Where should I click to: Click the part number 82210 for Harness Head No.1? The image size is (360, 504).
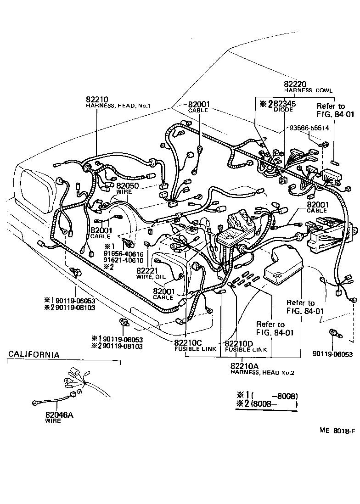coord(97,99)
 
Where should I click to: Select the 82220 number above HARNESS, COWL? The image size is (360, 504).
coord(295,84)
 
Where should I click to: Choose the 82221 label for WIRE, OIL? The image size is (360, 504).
coord(147,270)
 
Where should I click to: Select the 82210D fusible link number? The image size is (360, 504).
coord(239,343)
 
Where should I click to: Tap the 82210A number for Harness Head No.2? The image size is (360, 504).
coord(246,365)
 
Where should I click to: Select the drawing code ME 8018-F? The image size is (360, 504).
coord(338,431)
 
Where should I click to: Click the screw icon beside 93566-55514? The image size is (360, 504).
coord(325,145)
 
